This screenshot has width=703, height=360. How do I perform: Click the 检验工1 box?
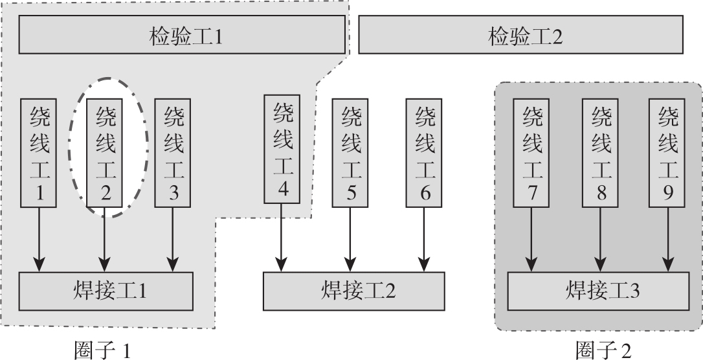[x=181, y=35]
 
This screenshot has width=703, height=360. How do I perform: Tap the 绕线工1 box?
[x=39, y=153]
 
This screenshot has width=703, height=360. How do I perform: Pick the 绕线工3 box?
[x=173, y=153]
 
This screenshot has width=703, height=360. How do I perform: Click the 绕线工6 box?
[x=424, y=153]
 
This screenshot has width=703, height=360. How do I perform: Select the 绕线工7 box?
[x=531, y=153]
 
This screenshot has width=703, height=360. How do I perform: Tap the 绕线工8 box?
[x=601, y=153]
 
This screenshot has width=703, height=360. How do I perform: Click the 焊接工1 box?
[x=107, y=291]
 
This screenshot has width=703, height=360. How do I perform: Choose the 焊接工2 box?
[x=354, y=291]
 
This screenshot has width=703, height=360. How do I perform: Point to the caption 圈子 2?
[x=602, y=350]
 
